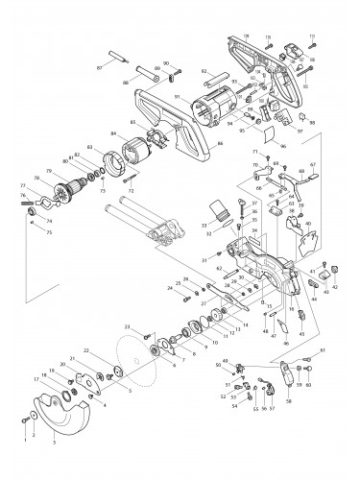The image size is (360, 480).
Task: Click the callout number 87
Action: pyautogui.click(x=100, y=68)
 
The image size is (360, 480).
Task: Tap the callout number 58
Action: pyautogui.click(x=288, y=401)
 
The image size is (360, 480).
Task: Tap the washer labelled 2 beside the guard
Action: pyautogui.click(x=36, y=414)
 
